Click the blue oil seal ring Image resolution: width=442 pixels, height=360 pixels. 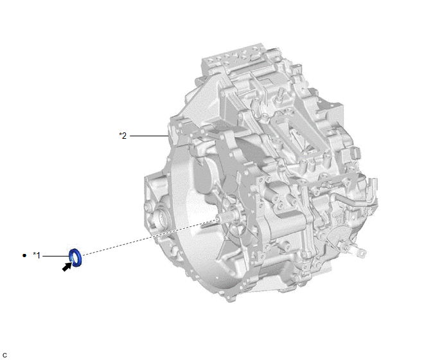79,258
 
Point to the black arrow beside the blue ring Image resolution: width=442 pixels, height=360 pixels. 67,267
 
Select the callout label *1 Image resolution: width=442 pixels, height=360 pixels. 37,255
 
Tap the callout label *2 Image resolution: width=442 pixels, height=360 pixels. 123,136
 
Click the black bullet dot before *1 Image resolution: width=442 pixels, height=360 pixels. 24,256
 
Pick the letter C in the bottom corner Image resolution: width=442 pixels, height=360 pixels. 4,355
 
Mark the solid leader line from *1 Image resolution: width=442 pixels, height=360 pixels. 56,256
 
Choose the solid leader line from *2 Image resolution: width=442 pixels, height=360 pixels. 149,136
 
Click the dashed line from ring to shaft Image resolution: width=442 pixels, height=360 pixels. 150,237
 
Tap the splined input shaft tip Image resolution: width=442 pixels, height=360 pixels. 223,218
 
